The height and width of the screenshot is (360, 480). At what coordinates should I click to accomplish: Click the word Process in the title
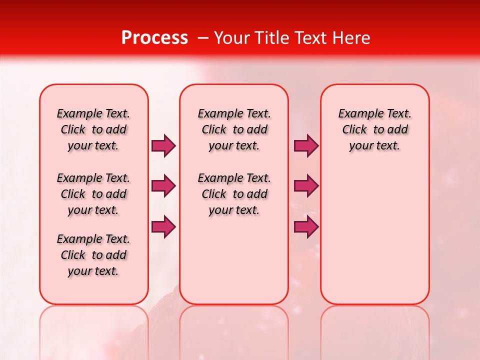coord(154,38)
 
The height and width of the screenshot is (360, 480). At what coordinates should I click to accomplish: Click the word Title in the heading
coord(270,38)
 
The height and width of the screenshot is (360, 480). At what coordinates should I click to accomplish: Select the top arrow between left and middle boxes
coord(163,145)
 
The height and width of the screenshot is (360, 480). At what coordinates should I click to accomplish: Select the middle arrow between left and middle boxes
coord(163,186)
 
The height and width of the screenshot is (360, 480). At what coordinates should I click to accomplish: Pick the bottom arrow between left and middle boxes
coord(163,227)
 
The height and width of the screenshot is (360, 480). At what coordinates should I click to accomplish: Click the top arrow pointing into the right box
coord(306,145)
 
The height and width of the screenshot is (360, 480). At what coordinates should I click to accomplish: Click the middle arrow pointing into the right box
coord(306,186)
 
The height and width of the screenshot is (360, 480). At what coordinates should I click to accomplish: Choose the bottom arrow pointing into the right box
coord(306,227)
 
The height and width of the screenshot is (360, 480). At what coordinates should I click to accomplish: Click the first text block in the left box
coord(93,129)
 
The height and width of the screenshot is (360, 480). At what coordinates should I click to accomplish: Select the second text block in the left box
coord(93,194)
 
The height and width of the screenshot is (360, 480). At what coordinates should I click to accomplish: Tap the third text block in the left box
coord(93,255)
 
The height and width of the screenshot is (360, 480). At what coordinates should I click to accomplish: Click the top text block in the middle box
coord(234,129)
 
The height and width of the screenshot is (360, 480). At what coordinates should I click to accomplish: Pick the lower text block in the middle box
coord(234,194)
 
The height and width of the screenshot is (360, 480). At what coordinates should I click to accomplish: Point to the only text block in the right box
coord(374,129)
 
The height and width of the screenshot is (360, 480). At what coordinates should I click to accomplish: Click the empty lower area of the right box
coord(374,235)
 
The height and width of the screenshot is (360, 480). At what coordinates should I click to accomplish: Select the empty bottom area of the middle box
coord(234,265)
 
